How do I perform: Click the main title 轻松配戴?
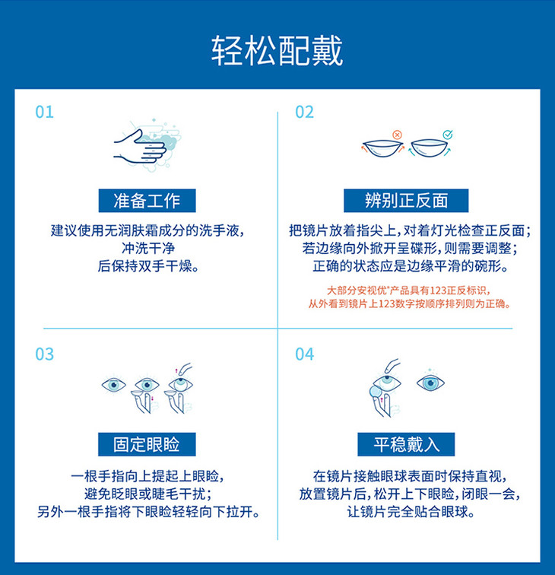[277, 51]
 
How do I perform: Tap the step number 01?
[44, 113]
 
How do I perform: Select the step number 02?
[305, 113]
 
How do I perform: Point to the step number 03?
[44, 354]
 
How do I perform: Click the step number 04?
[305, 354]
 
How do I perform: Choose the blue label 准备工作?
[147, 201]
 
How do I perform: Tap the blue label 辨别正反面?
[406, 201]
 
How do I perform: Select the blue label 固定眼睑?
[147, 444]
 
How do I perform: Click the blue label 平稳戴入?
[406, 444]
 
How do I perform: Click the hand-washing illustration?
[147, 145]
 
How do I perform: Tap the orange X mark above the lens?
[397, 135]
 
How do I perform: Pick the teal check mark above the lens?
[448, 134]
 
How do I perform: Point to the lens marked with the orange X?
[382, 148]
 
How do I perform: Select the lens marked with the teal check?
[429, 148]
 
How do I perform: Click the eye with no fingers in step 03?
[113, 385]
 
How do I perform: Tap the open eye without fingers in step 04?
[431, 383]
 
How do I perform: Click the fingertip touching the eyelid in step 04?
[388, 369]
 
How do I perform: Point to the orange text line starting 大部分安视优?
[408, 291]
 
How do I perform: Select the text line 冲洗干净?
[148, 248]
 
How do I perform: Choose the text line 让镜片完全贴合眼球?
[411, 512]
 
